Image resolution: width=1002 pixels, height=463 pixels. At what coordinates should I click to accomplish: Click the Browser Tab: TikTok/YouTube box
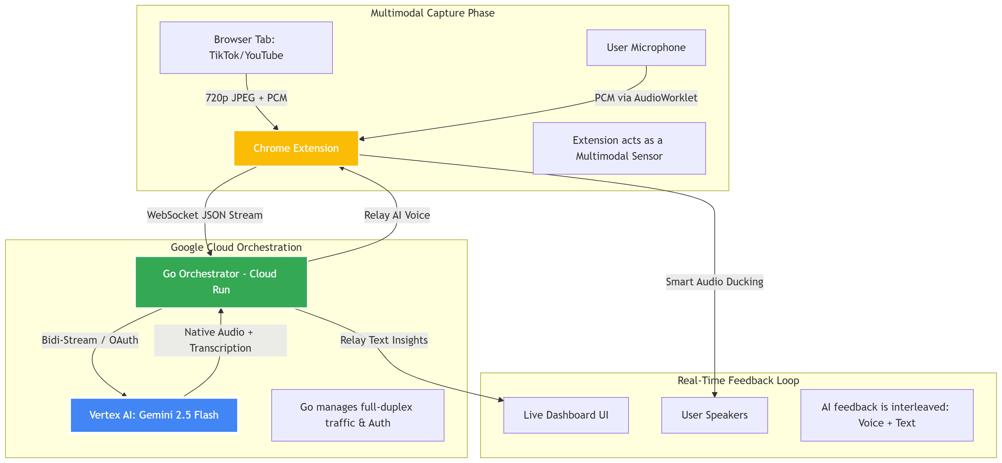click(246, 47)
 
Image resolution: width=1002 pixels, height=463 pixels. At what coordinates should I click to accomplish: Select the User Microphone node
click(646, 47)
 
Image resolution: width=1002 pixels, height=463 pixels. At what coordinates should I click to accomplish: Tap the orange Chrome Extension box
click(296, 148)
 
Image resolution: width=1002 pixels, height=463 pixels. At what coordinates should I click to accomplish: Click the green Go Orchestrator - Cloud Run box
click(221, 282)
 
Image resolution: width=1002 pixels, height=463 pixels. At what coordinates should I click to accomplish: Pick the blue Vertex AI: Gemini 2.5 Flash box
click(154, 415)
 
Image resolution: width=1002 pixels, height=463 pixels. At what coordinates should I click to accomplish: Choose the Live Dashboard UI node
click(566, 415)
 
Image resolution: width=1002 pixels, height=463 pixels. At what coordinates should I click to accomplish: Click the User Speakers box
click(715, 415)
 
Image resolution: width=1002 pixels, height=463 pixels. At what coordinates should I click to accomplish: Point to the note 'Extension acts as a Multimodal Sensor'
click(619, 148)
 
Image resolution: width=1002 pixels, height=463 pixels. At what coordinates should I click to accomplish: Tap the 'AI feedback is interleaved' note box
click(887, 415)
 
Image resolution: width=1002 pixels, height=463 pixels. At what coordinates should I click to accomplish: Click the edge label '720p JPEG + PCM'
click(246, 97)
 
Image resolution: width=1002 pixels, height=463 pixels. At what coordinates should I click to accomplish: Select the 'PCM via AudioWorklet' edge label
click(646, 97)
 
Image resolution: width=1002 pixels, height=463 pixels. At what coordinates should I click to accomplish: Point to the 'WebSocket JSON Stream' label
click(205, 215)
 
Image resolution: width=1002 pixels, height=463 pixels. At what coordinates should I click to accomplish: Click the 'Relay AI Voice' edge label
click(397, 215)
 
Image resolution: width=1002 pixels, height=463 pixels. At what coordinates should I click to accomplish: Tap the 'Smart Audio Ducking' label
click(715, 282)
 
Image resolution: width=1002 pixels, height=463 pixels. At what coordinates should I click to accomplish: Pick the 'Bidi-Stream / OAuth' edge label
click(90, 340)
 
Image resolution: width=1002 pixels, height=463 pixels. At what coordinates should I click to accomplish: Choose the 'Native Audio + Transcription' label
click(220, 340)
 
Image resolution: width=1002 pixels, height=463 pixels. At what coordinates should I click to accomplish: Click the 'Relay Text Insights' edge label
click(384, 340)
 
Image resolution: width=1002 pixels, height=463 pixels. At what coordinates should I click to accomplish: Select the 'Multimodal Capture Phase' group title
click(433, 13)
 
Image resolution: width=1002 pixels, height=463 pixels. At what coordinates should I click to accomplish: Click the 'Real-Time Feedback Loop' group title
click(738, 380)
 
